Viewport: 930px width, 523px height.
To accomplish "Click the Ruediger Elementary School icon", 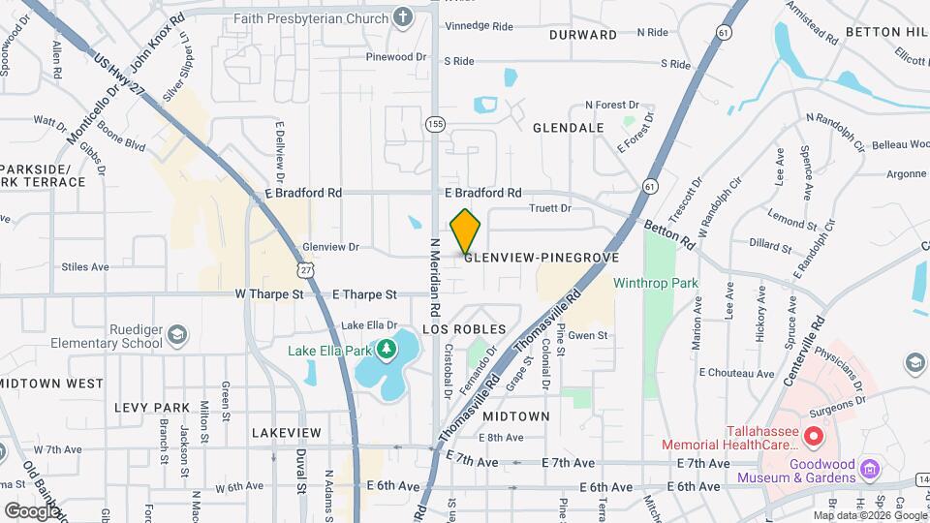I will [x=177, y=335].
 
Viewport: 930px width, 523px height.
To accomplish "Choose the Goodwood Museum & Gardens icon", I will [x=871, y=469].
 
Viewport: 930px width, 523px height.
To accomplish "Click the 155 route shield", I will [x=435, y=123].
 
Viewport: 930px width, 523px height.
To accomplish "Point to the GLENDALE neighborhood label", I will [x=569, y=128].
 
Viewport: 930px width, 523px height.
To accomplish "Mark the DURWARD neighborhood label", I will [x=583, y=35].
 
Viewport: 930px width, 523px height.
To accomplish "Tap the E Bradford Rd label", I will [x=483, y=193].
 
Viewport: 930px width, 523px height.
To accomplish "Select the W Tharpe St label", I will [x=269, y=293].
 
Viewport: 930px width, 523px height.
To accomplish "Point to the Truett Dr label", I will [x=550, y=208].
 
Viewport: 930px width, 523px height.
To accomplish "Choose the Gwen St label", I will [x=588, y=336].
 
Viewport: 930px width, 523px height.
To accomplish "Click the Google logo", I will [x=32, y=509].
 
